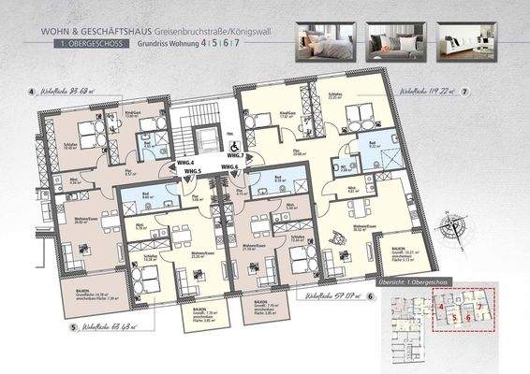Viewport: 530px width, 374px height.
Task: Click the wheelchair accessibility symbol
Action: click(x=234, y=146)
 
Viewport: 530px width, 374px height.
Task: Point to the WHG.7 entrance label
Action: click(x=234, y=155)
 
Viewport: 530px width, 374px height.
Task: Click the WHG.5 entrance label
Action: click(x=193, y=171)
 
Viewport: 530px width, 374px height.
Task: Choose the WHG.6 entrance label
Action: click(x=229, y=166)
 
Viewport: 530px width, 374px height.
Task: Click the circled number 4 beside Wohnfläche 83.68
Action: click(x=31, y=93)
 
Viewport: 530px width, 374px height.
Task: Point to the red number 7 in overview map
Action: click(x=478, y=307)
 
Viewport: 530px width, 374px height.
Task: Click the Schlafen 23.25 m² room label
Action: click(x=334, y=94)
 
